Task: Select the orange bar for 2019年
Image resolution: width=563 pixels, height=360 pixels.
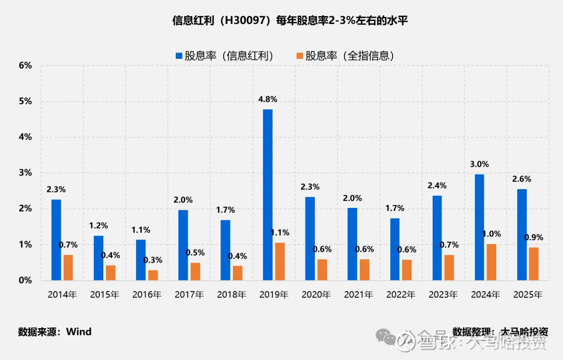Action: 280,262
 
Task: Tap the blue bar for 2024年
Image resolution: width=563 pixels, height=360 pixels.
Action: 480,227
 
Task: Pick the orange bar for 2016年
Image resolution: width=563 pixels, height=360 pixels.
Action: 153,275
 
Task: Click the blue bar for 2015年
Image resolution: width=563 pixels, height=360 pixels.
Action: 99,258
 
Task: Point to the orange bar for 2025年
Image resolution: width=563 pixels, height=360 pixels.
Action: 534,264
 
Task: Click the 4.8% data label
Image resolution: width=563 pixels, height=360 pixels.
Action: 268,100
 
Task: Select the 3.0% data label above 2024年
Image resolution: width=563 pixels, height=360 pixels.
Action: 480,164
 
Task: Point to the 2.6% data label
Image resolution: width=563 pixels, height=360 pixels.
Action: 522,179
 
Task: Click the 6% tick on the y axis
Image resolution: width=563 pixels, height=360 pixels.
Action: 26,66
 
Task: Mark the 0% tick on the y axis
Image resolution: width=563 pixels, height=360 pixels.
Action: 26,280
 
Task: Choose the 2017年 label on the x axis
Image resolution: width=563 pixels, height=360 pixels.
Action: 189,295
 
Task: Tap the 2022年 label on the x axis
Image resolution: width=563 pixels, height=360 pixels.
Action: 401,295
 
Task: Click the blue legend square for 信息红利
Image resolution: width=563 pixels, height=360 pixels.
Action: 179,56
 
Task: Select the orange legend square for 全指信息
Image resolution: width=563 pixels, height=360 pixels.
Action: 299,56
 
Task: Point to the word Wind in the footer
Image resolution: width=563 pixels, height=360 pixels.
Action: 79,332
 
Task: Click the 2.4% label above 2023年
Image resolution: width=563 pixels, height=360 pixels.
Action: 437,185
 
